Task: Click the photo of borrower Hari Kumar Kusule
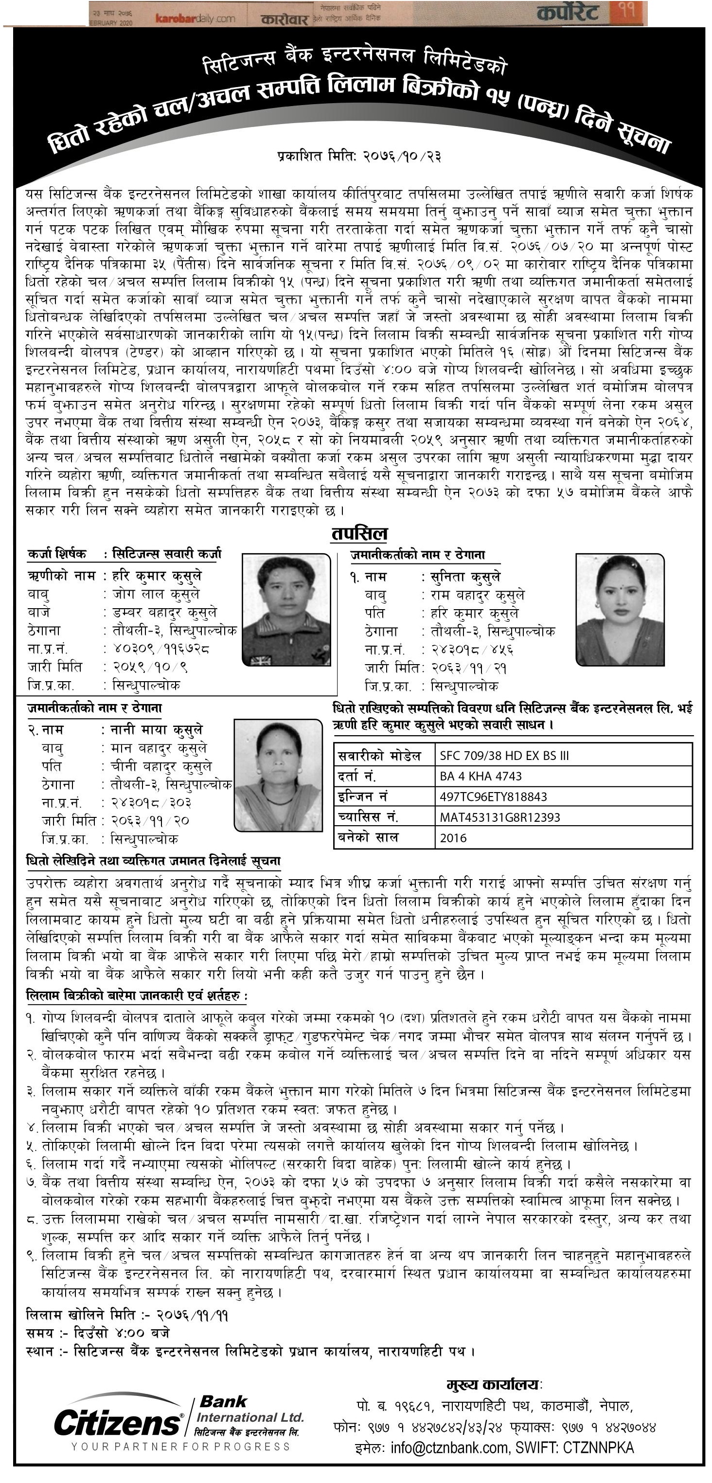(x=286, y=610)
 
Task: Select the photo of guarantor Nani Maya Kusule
(x=278, y=775)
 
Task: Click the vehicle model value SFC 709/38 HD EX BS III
(x=504, y=755)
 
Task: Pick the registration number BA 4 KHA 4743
(x=481, y=776)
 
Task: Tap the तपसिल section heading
(x=359, y=534)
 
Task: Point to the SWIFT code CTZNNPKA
(x=598, y=1448)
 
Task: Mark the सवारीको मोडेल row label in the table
(x=379, y=755)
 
